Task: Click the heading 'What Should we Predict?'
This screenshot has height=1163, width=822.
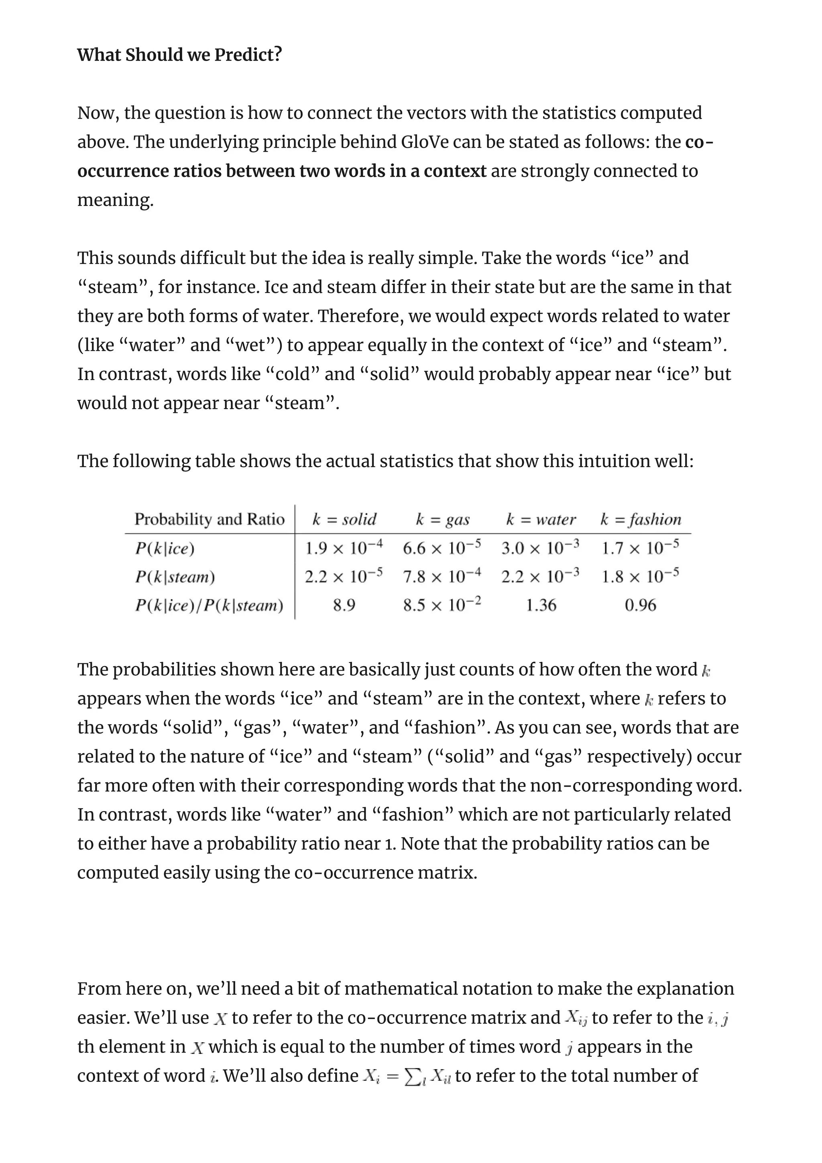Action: (x=179, y=54)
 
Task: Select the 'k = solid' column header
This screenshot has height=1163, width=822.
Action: (x=344, y=519)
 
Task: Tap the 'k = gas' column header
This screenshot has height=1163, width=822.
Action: (x=442, y=519)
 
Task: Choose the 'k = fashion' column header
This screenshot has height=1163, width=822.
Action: (x=640, y=519)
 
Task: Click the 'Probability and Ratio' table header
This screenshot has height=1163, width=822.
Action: (x=209, y=519)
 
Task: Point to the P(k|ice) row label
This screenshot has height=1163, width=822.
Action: (x=165, y=548)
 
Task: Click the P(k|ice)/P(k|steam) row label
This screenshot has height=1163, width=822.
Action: (x=209, y=605)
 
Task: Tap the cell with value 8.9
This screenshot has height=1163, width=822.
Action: (x=344, y=605)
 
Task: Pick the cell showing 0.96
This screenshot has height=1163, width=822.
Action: (x=640, y=605)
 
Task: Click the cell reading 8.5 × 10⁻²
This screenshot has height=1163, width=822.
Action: (x=442, y=604)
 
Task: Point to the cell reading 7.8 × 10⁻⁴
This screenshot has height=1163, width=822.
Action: (x=442, y=576)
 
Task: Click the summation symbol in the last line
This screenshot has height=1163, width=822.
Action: (x=412, y=1076)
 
